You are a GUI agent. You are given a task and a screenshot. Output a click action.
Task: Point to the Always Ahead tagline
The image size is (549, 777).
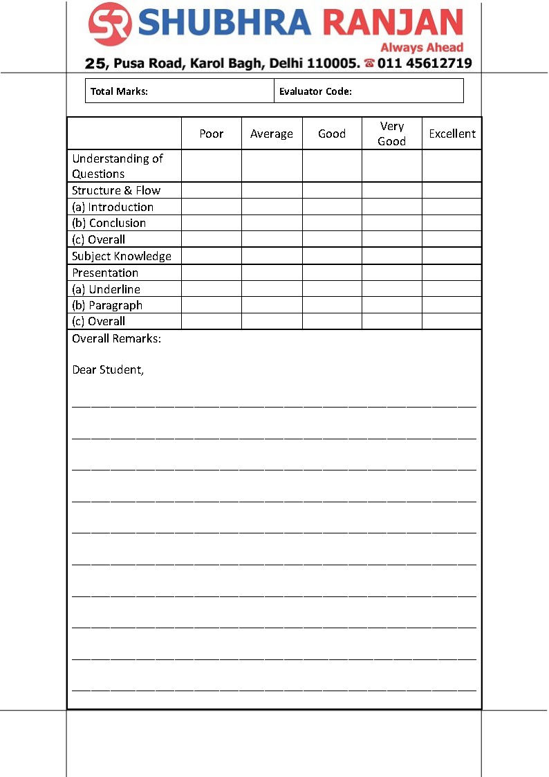point(422,48)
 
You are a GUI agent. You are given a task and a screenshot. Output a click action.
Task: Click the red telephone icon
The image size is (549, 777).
point(369,64)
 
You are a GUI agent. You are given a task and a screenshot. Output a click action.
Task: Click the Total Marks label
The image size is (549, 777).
point(119,91)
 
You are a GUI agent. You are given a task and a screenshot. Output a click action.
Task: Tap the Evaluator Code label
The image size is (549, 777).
point(315,91)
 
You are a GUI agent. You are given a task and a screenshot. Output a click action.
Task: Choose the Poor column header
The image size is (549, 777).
point(211,134)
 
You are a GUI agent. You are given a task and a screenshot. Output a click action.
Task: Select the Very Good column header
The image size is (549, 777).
point(391,134)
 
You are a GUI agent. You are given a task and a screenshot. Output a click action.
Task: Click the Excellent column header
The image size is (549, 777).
point(452,134)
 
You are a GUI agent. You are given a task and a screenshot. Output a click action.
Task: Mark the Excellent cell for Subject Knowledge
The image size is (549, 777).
point(452,256)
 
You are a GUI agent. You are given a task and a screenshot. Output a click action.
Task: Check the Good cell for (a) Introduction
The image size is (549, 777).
point(332,207)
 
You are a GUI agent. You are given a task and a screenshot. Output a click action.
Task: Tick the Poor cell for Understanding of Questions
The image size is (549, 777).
point(211,166)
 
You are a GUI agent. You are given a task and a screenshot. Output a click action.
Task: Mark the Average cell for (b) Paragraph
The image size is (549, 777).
point(272,305)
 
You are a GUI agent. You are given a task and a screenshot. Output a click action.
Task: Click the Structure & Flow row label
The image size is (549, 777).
point(116,190)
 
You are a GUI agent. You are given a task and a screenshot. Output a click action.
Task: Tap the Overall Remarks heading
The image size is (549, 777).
point(116,340)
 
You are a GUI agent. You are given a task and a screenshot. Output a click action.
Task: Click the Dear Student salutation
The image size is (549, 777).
point(108,369)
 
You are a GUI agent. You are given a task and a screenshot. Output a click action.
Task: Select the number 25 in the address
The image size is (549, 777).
point(96,64)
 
